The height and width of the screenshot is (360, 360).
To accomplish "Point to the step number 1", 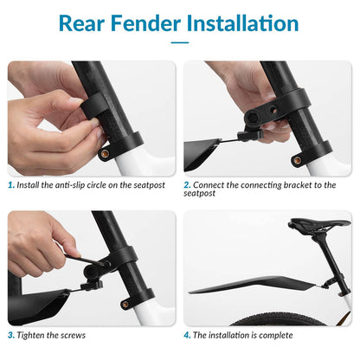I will point(10,184).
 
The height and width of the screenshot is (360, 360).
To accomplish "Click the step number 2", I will point(187,184).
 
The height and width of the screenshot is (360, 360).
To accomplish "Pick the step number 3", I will point(10,335).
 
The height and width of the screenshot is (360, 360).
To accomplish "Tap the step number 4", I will point(187,335).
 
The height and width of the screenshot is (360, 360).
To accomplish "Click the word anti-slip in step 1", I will point(73,184).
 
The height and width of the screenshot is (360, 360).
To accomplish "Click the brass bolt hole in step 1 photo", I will point(105,153).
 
